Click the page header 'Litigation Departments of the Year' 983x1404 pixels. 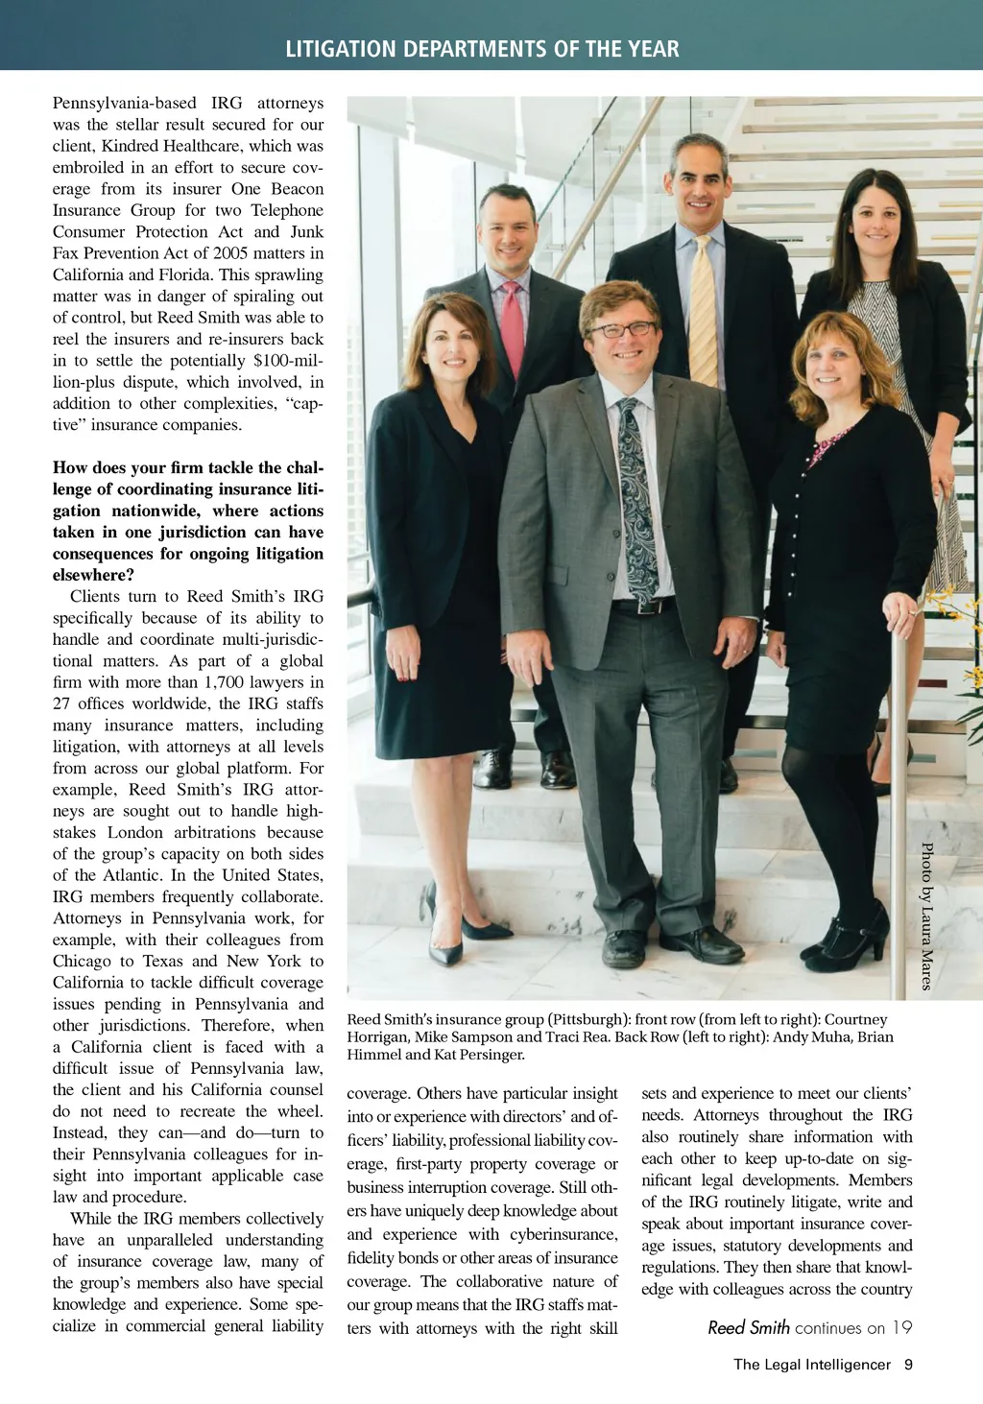pyautogui.click(x=482, y=49)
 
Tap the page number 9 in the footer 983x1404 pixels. pyautogui.click(x=908, y=1364)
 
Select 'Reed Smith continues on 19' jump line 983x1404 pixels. pyautogui.click(x=809, y=1327)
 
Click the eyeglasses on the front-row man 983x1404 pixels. pyautogui.click(x=622, y=330)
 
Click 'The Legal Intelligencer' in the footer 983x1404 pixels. pyautogui.click(x=812, y=1364)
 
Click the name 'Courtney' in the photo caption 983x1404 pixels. pyautogui.click(x=855, y=1019)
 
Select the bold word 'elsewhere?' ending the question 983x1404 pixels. pyautogui.click(x=94, y=575)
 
